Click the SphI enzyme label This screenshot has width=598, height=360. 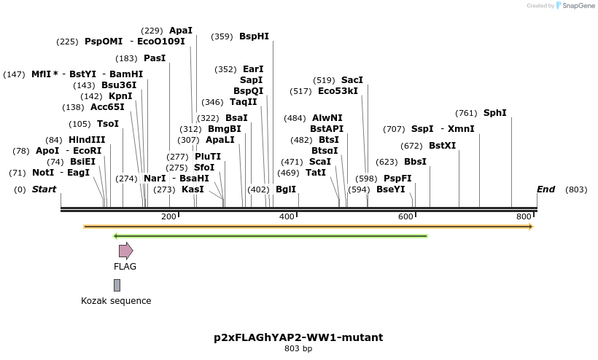pyautogui.click(x=494, y=113)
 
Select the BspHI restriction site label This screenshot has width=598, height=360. pyautogui.click(x=254, y=36)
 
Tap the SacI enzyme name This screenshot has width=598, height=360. pyautogui.click(x=352, y=80)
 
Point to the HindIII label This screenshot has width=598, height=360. pyautogui.click(x=87, y=140)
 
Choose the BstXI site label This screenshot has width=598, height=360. pyautogui.click(x=442, y=146)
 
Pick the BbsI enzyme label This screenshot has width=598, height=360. pyautogui.click(x=415, y=162)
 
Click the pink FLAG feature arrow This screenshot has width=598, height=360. pyautogui.click(x=125, y=251)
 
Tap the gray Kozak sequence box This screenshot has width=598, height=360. pyautogui.click(x=117, y=285)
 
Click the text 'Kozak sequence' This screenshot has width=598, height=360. pyautogui.click(x=116, y=301)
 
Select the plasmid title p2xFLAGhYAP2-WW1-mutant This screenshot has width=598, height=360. pyautogui.click(x=298, y=337)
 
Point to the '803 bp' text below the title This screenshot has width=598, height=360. pyautogui.click(x=298, y=349)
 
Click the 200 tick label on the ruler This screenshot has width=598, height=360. pyautogui.click(x=168, y=217)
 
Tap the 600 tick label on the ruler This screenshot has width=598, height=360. pyautogui.click(x=405, y=217)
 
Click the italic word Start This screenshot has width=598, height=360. pyautogui.click(x=44, y=189)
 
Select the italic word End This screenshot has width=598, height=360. pyautogui.click(x=545, y=189)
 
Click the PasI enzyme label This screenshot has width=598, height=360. pyautogui.click(x=154, y=58)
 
